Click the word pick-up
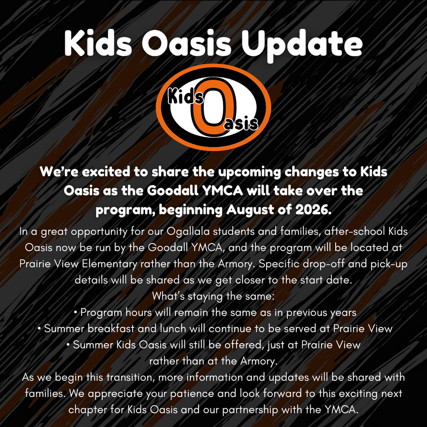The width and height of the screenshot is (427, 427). (387, 264)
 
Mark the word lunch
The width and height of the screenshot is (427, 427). (172, 329)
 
